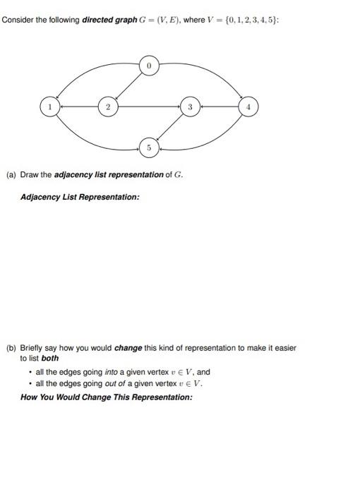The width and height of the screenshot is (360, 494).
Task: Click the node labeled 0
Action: [x=149, y=66]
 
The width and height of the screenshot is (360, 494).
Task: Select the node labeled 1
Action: [x=49, y=107]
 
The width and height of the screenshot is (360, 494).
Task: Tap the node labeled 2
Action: [x=107, y=107]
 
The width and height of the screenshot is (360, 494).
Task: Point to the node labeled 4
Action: [x=248, y=107]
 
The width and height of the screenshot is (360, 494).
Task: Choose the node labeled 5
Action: [x=149, y=148]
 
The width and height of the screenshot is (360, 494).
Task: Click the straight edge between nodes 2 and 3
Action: [x=148, y=107]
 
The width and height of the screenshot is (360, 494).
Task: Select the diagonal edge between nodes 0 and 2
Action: [x=128, y=87]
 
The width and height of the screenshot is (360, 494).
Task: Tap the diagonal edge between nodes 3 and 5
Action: [x=169, y=128]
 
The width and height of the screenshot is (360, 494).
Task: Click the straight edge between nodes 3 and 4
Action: [x=219, y=107]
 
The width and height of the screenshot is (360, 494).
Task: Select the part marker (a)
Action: [x=11, y=174]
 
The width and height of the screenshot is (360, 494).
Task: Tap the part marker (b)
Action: [x=11, y=348]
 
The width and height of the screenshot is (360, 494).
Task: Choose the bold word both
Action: [x=49, y=359]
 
